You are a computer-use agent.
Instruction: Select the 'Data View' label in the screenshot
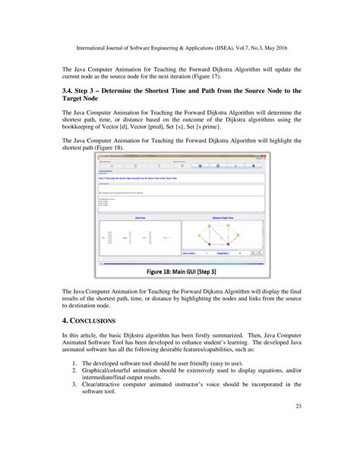140,216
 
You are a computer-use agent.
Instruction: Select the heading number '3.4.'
69,90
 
